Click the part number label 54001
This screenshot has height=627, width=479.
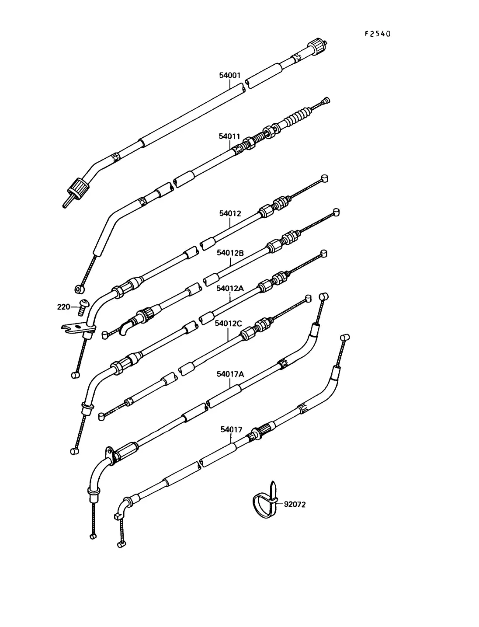tap(230, 75)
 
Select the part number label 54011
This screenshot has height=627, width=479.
tap(229, 136)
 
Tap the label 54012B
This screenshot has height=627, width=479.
tap(230, 253)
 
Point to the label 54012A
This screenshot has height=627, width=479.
tap(230, 288)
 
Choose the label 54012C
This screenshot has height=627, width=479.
tap(228, 323)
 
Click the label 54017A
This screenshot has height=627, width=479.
tap(230, 374)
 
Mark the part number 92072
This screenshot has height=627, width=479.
tap(295, 504)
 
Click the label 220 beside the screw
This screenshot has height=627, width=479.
tap(63, 307)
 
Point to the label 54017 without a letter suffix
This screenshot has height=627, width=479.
tap(231, 430)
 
